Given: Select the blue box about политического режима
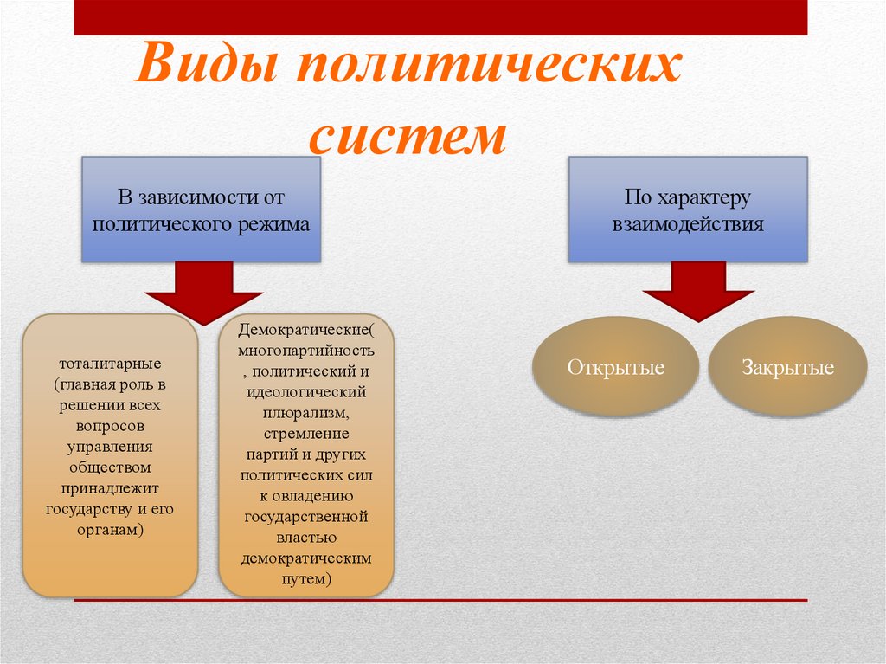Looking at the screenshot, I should click(202, 210).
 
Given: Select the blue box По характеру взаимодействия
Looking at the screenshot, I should click(688, 210).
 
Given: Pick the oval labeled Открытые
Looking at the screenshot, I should click(615, 367).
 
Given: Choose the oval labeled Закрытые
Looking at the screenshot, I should click(787, 367).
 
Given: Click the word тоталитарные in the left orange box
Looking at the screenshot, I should click(110, 363).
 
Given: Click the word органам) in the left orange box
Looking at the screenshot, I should click(110, 529).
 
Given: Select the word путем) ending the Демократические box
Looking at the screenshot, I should click(306, 577).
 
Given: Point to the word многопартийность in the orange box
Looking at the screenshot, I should click(307, 351).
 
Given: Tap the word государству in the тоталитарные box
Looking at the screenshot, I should click(85, 508).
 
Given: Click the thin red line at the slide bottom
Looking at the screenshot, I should click(440, 599).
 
